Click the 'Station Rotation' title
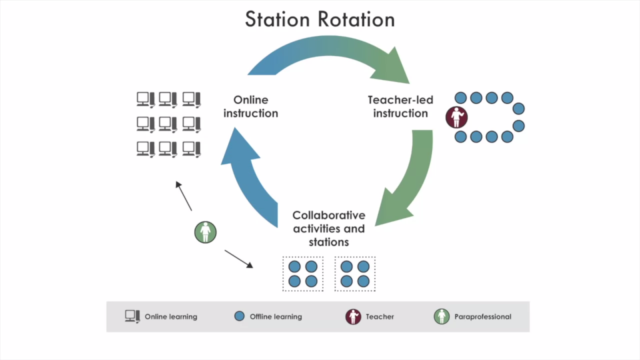point(320,20)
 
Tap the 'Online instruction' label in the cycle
point(251,107)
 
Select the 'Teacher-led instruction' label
point(400,107)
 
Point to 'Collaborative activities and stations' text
point(329,228)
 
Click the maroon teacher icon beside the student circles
point(456,117)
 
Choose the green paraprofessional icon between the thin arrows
point(206,232)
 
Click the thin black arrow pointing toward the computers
point(184,196)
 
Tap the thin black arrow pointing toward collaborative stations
point(239,259)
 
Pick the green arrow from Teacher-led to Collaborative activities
point(412,180)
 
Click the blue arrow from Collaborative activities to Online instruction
point(248,176)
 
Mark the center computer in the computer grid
point(168,124)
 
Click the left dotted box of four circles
point(303,274)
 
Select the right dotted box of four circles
point(355,274)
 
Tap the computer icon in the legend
point(132,316)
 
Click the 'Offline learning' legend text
point(276,317)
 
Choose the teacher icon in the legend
point(353,317)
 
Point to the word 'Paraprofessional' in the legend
point(483,317)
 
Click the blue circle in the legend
point(239,316)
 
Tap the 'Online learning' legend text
point(171,317)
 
